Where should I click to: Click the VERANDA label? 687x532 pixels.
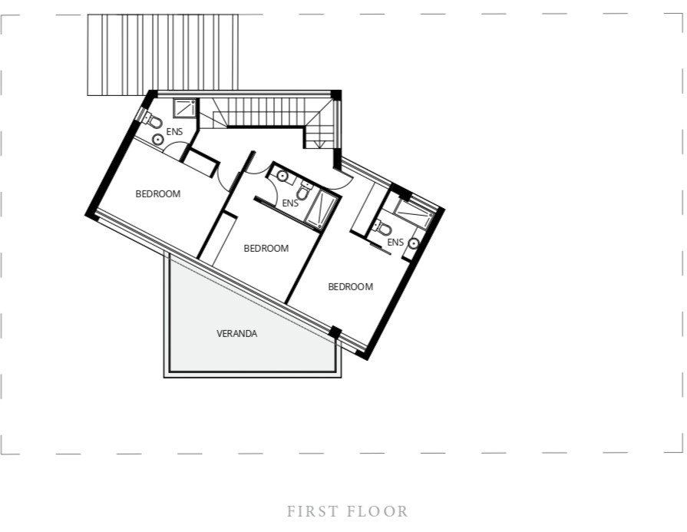coord(236,333)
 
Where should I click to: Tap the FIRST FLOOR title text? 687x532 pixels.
coord(348,511)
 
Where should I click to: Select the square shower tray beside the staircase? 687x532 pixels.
coord(185,108)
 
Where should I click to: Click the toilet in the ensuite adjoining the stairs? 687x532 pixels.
coord(153,121)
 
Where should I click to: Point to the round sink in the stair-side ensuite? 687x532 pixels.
coord(157,140)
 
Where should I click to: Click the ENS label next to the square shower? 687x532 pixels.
coord(174,131)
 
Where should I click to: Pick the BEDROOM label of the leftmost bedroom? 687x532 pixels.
coord(157,193)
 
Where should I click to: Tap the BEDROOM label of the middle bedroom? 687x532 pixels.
coord(266,249)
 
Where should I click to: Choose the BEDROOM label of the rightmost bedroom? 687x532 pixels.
coord(351,286)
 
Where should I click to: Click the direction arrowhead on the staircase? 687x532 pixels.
coord(319,144)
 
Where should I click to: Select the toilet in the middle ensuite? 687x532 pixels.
coord(304,191)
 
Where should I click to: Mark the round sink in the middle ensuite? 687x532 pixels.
coord(282,176)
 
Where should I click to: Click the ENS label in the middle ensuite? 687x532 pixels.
coord(290,203)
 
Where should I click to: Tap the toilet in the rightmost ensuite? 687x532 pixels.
coord(382,227)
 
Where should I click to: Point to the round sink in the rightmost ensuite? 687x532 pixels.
coord(414,243)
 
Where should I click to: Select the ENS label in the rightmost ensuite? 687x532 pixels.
coord(395,242)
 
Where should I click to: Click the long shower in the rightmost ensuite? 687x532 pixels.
coord(414,214)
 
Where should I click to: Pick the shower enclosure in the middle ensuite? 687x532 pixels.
coord(322,210)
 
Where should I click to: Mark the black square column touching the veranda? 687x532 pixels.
coord(335,332)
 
